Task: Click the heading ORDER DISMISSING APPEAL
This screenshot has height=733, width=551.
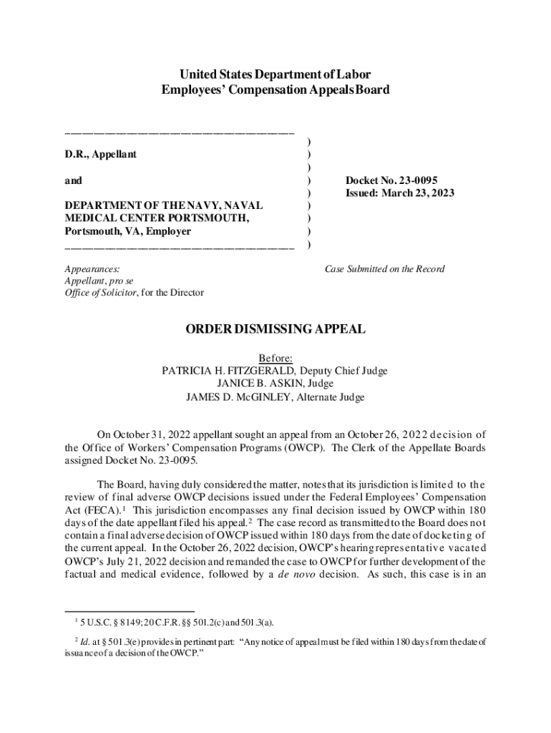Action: click(x=275, y=329)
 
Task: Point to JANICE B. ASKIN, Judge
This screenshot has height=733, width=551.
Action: click(x=275, y=384)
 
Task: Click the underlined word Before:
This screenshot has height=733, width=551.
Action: click(x=275, y=358)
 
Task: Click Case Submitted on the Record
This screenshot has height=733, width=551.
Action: click(x=384, y=269)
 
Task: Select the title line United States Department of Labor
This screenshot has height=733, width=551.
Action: click(x=275, y=74)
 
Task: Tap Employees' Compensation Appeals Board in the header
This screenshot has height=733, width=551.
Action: click(x=275, y=89)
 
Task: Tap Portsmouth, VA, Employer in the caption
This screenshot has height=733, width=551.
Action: click(x=127, y=232)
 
